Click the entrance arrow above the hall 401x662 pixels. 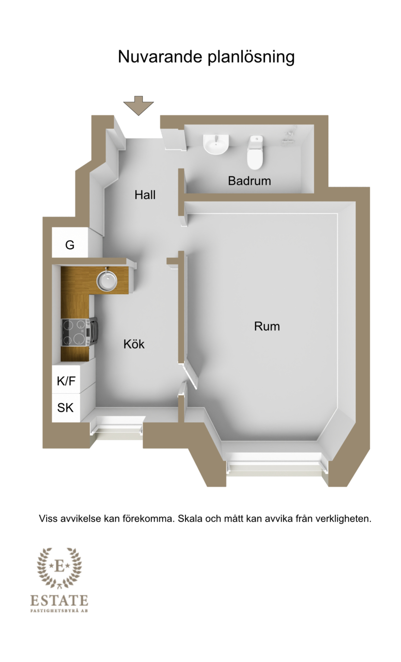pyautogui.click(x=138, y=105)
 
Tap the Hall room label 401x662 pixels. pyautogui.click(x=145, y=195)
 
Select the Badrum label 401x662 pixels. pyautogui.click(x=249, y=181)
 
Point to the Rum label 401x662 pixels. pyautogui.click(x=267, y=326)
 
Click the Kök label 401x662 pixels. pyautogui.click(x=134, y=344)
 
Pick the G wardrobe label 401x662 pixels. pyautogui.click(x=70, y=245)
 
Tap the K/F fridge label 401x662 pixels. pyautogui.click(x=66, y=381)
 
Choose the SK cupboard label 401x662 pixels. pyautogui.click(x=65, y=408)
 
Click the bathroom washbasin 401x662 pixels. pyautogui.click(x=216, y=144)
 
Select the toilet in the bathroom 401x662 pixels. pyautogui.click(x=255, y=152)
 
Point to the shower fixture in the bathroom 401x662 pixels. pyautogui.click(x=290, y=135)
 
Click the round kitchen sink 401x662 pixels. pyautogui.click(x=107, y=280)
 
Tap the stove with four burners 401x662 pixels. pyautogui.click(x=76, y=333)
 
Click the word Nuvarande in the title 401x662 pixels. pyautogui.click(x=160, y=57)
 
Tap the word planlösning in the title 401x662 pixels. pyautogui.click(x=251, y=57)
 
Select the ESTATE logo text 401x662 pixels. pyautogui.click(x=59, y=600)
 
